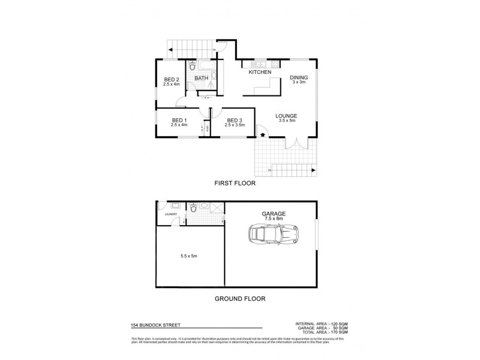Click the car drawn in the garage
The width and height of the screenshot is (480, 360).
click(274, 235)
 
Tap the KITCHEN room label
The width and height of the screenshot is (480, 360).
click(260, 73)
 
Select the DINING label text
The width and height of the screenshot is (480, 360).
click(298, 77)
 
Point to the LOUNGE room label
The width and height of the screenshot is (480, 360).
click(286, 116)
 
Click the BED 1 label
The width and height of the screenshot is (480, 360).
click(179, 120)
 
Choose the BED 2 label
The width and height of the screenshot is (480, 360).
click(172, 79)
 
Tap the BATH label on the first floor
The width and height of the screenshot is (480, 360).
click(202, 77)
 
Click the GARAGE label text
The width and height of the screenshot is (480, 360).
click(272, 214)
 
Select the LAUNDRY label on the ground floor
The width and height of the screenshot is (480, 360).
click(164, 213)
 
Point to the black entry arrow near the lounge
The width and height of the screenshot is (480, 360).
click(262, 137)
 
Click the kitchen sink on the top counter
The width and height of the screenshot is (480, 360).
click(260, 64)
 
